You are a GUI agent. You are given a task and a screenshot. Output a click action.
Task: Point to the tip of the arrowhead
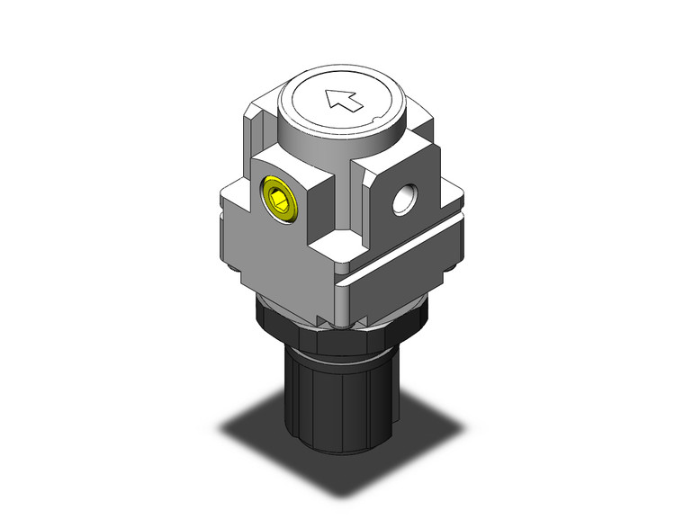(329, 93)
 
